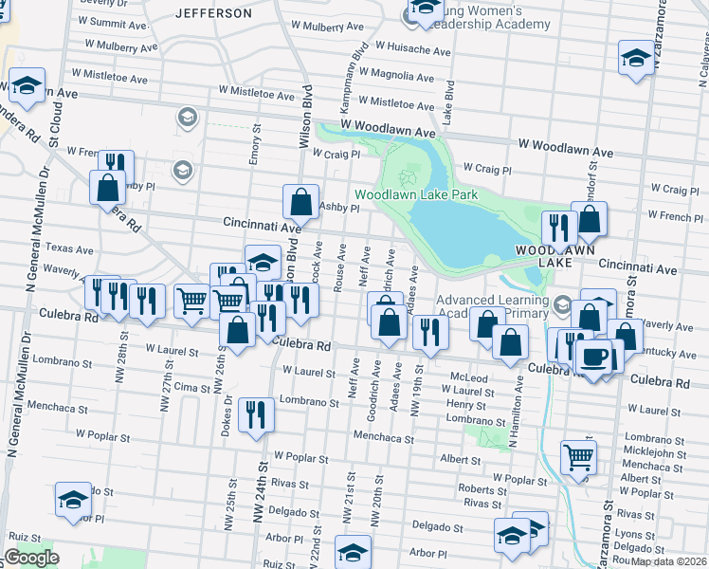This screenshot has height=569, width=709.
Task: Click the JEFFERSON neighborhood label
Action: (214, 13)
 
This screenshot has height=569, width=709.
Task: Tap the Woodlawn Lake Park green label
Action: (415, 195)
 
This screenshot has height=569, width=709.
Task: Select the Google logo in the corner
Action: (31, 558)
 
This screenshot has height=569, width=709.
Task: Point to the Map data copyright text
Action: (669, 561)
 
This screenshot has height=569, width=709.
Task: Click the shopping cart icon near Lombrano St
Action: (577, 457)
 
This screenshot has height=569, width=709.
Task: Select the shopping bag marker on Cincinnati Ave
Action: (300, 201)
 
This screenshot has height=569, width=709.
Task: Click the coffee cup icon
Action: (594, 357)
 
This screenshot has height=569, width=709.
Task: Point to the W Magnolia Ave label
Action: (411, 73)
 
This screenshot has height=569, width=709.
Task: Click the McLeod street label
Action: (468, 377)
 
